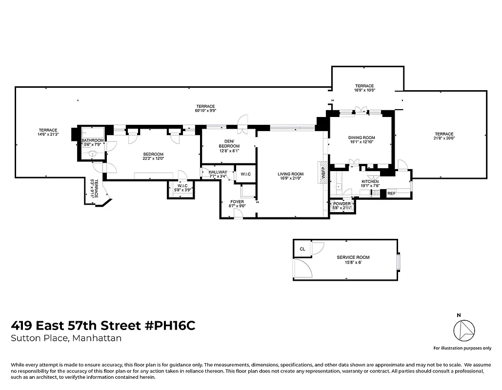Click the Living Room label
pos(291,174)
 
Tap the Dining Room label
pos(361,138)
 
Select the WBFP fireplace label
pos(322,173)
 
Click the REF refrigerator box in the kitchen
pos(391,194)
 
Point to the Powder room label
pos(341,204)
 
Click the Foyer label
pos(237,201)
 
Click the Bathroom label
pos(93,140)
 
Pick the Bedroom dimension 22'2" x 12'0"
pos(153,158)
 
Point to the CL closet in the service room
pos(302,249)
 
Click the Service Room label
pos(353,257)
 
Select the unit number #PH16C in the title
pos(170,326)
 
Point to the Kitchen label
pos(370,182)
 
